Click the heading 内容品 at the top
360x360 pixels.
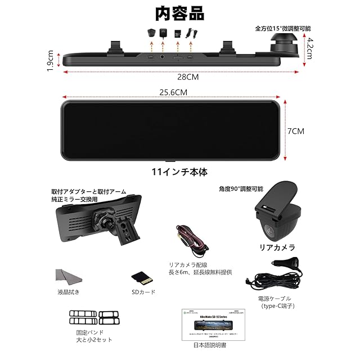(x=181, y=12)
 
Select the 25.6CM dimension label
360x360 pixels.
(x=173, y=92)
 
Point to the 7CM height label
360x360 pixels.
(x=295, y=130)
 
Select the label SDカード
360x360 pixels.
(x=143, y=292)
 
